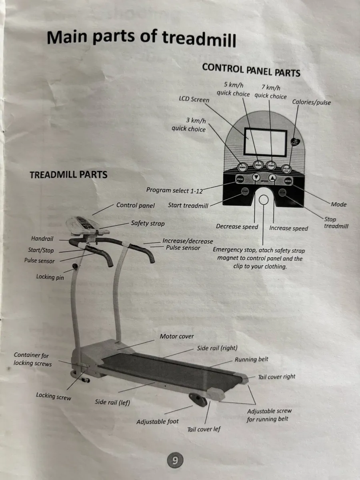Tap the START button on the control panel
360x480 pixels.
click(x=245, y=192)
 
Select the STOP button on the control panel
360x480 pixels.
click(x=282, y=193)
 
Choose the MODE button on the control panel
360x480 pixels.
click(x=288, y=181)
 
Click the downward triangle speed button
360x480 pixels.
click(x=256, y=178)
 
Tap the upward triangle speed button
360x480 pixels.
click(x=272, y=178)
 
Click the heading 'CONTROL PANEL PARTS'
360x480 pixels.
click(x=251, y=70)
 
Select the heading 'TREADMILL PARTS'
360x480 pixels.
click(x=68, y=175)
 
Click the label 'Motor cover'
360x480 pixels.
click(x=177, y=336)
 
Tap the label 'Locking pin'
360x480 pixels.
click(x=50, y=276)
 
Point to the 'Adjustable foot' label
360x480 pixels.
click(x=158, y=421)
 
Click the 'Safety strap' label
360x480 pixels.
click(x=148, y=223)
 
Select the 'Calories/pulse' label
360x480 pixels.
click(x=311, y=102)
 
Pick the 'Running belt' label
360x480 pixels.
click(x=251, y=359)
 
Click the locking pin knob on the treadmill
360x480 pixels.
click(x=74, y=266)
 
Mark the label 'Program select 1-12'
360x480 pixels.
click(x=174, y=190)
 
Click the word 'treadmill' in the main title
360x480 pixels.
click(x=199, y=38)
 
